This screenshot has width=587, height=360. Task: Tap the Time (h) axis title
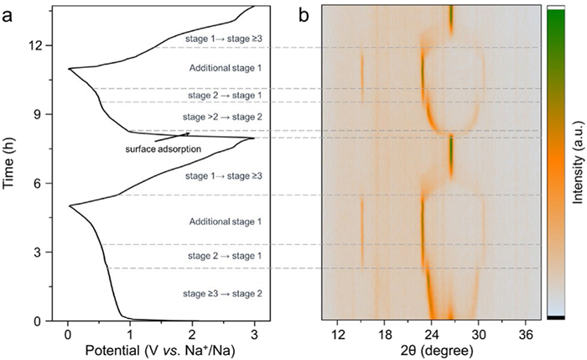(x=11, y=164)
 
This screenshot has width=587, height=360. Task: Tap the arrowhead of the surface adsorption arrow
(x=189, y=133)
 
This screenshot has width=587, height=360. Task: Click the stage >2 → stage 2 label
(x=222, y=117)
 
